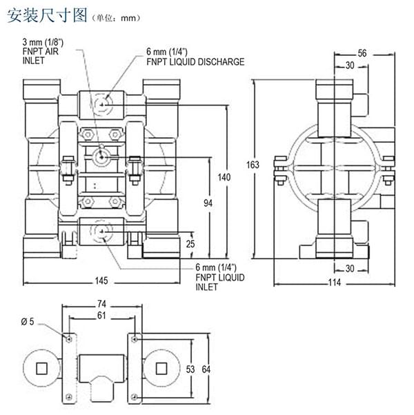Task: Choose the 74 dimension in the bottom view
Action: (x=102, y=304)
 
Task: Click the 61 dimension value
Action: (x=102, y=316)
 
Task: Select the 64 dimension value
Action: (x=205, y=368)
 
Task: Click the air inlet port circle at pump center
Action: (x=102, y=156)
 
